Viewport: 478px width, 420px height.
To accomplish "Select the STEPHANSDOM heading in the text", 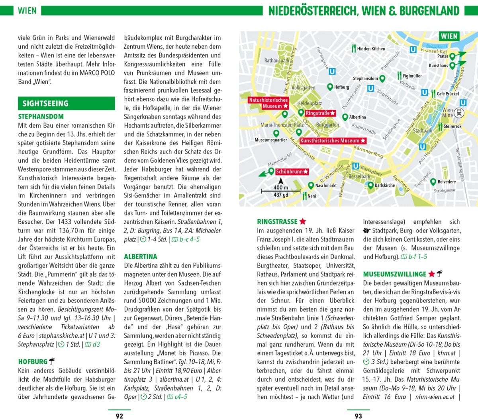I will click(41, 116).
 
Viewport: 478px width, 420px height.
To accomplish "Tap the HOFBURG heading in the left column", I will click(33, 362).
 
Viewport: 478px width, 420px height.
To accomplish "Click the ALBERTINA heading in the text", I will click(141, 256).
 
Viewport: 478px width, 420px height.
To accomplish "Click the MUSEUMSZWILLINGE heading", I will click(394, 274).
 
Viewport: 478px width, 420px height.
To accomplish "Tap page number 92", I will click(119, 416).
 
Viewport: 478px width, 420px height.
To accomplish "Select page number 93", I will click(358, 416).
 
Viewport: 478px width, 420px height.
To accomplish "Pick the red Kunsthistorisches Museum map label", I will click(333, 141).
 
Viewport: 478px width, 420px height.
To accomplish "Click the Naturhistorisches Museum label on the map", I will click(268, 103).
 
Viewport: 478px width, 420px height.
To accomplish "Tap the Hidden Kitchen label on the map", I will click(371, 49).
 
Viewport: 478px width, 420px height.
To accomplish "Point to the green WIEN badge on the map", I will click(449, 36).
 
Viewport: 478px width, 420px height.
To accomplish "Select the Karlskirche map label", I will click(384, 185).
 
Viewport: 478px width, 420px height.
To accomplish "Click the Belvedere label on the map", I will click(447, 182).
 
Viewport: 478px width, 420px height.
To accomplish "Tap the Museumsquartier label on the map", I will click(271, 140).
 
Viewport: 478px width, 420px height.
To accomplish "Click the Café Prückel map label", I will click(448, 94).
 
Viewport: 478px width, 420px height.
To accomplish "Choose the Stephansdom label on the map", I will click(365, 79).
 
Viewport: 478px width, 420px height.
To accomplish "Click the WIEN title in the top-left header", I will click(27, 11).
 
